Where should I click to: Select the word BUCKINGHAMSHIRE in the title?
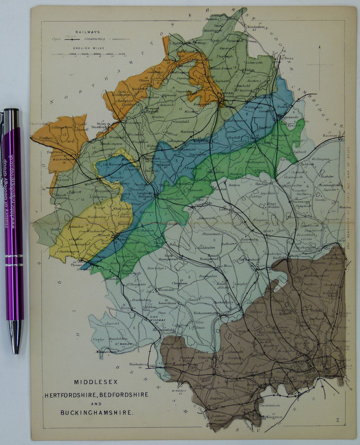pos(96,412)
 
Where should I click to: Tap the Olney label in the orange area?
pos(144,80)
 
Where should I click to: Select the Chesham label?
pos(178,283)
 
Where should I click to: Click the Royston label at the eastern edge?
pos(330,136)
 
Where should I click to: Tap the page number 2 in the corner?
pos(338,420)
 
